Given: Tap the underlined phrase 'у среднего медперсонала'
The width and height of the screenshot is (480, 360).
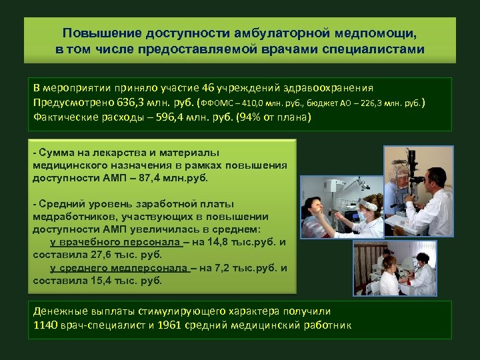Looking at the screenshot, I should [119, 267].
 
